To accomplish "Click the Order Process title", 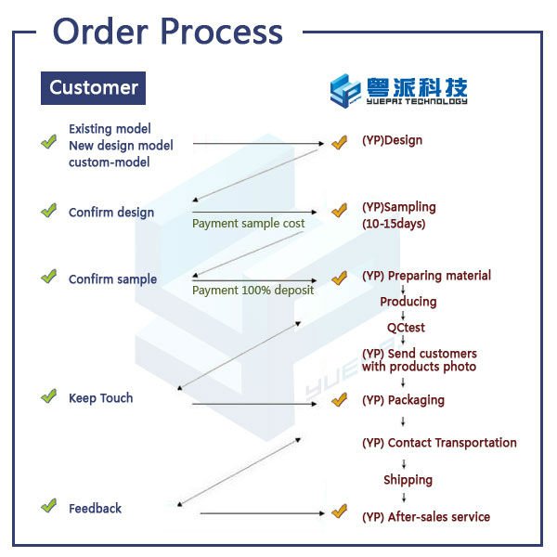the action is [x=168, y=32].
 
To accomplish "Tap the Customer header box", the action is [x=93, y=88].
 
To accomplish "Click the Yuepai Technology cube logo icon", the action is [x=344, y=91].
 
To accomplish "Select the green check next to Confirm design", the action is [x=48, y=211].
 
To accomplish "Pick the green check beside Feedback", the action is [x=48, y=505].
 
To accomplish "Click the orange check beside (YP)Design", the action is [x=339, y=142].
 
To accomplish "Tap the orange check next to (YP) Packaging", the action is [x=339, y=399].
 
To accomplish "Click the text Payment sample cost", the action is [x=248, y=224].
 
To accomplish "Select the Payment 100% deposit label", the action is [x=253, y=291].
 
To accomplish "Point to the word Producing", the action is [x=408, y=302].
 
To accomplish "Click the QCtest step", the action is [x=406, y=327].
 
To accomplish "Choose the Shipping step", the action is [x=408, y=480].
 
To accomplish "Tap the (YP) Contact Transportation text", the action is [x=439, y=443].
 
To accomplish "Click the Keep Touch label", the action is [x=101, y=398].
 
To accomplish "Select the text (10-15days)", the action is [x=394, y=224].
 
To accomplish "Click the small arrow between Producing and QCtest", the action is [x=403, y=316].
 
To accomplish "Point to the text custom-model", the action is [x=109, y=162].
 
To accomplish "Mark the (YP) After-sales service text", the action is [x=426, y=517].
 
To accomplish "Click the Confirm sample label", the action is [x=112, y=279].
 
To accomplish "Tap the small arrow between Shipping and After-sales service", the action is [x=404, y=498].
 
